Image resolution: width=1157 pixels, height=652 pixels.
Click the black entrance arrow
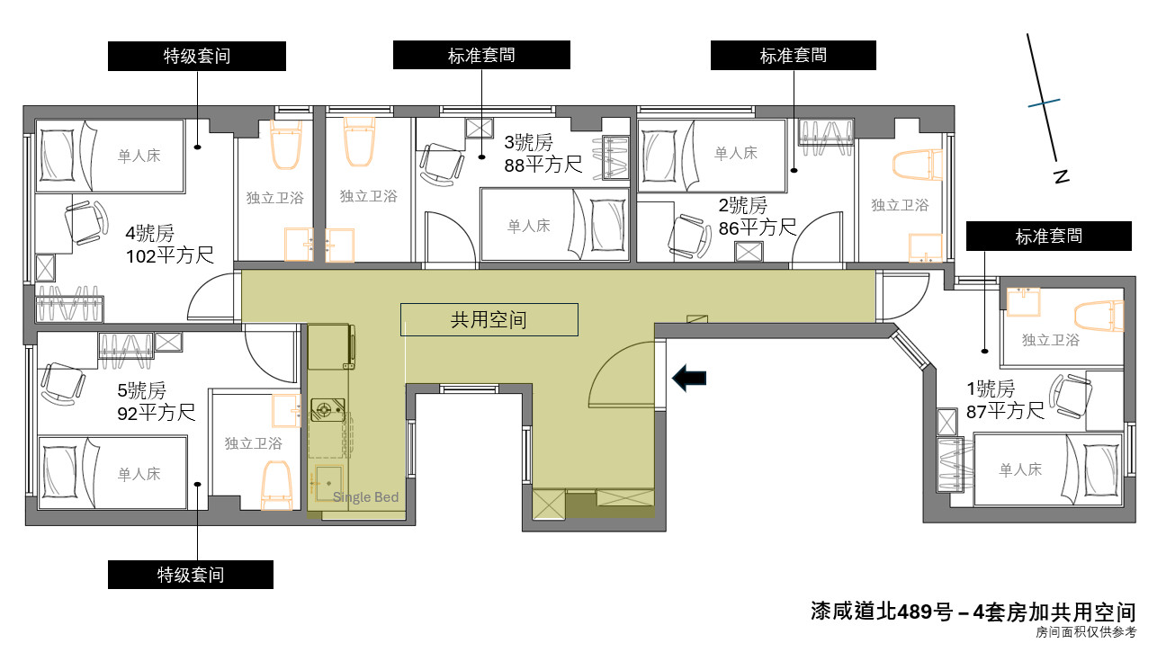click(x=689, y=378)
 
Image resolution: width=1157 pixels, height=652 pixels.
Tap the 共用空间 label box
click(x=489, y=319)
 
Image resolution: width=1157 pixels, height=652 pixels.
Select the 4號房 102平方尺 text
click(x=169, y=245)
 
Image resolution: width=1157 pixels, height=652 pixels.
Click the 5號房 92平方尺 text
click(x=156, y=402)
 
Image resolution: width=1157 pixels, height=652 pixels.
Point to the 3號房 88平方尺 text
click(x=543, y=154)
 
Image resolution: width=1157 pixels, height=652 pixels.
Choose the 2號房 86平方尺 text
click(x=758, y=217)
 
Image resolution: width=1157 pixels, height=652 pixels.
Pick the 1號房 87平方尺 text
click(x=1005, y=400)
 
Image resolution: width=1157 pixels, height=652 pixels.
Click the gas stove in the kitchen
click(x=327, y=409)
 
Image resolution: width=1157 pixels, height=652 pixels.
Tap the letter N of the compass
click(x=1061, y=176)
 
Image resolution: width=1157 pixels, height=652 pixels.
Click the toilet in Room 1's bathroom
click(x=1099, y=316)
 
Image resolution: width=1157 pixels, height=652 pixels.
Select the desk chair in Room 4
click(x=86, y=222)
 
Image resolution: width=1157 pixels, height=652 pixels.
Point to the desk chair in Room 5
click(x=62, y=384)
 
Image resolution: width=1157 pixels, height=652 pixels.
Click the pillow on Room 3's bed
click(x=607, y=226)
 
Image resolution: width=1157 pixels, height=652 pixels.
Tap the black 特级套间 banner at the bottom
click(x=191, y=575)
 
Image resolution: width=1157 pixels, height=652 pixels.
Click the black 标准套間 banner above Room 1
click(x=1048, y=236)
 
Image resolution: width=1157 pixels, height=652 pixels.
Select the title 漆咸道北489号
click(x=882, y=612)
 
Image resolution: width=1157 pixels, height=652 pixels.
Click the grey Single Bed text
click(x=365, y=497)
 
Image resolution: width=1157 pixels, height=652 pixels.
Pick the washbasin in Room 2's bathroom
click(x=926, y=248)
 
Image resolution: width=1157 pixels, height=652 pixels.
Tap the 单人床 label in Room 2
click(x=736, y=153)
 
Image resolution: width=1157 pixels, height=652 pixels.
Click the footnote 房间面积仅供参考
click(x=1086, y=632)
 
